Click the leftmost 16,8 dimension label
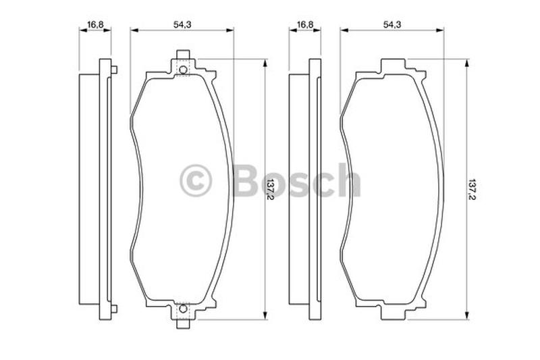coord(95,24)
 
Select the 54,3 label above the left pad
coord(182,24)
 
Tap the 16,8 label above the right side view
coord(305,24)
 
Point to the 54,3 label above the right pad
coord(392,24)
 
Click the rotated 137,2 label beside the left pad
coord(271,189)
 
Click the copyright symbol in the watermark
coord(196,180)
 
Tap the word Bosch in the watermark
coord(297,180)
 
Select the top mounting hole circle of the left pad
coord(183,70)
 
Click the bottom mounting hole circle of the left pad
coord(183,309)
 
